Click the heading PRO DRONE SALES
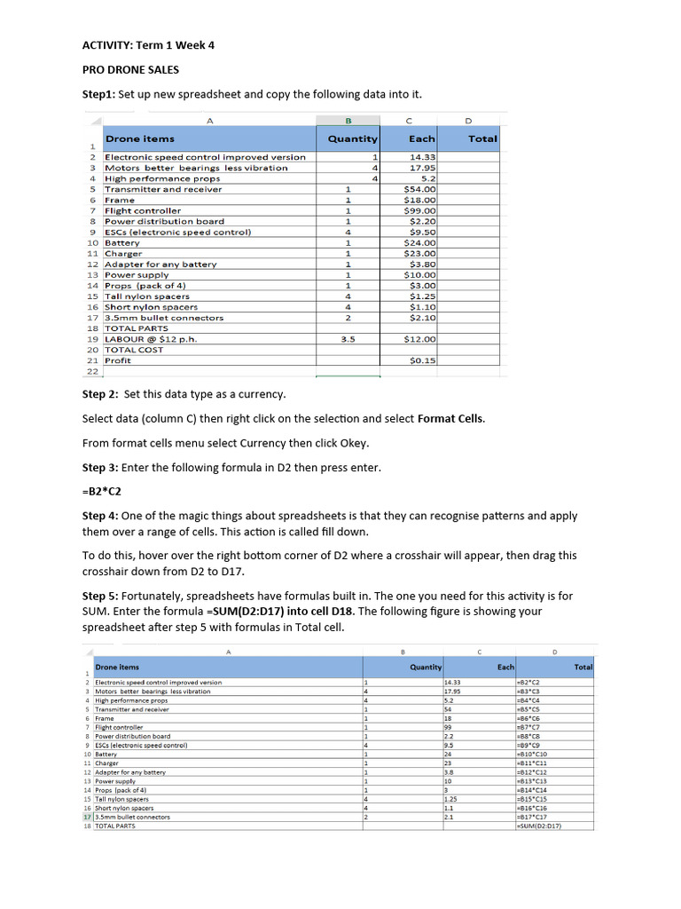coord(130,69)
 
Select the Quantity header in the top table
coord(352,138)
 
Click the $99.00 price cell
coord(419,210)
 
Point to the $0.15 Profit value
coord(421,360)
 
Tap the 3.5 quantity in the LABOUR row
coord(348,339)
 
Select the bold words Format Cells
coord(451,418)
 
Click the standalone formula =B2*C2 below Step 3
coord(101,491)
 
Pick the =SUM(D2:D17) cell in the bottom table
coord(539,826)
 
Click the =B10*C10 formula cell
coord(534,754)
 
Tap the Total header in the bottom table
coord(583,667)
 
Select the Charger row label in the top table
coord(123,253)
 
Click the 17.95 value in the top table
coord(422,168)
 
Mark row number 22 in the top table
coord(92,371)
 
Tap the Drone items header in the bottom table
coord(117,667)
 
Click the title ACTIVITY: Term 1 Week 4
coord(148,44)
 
